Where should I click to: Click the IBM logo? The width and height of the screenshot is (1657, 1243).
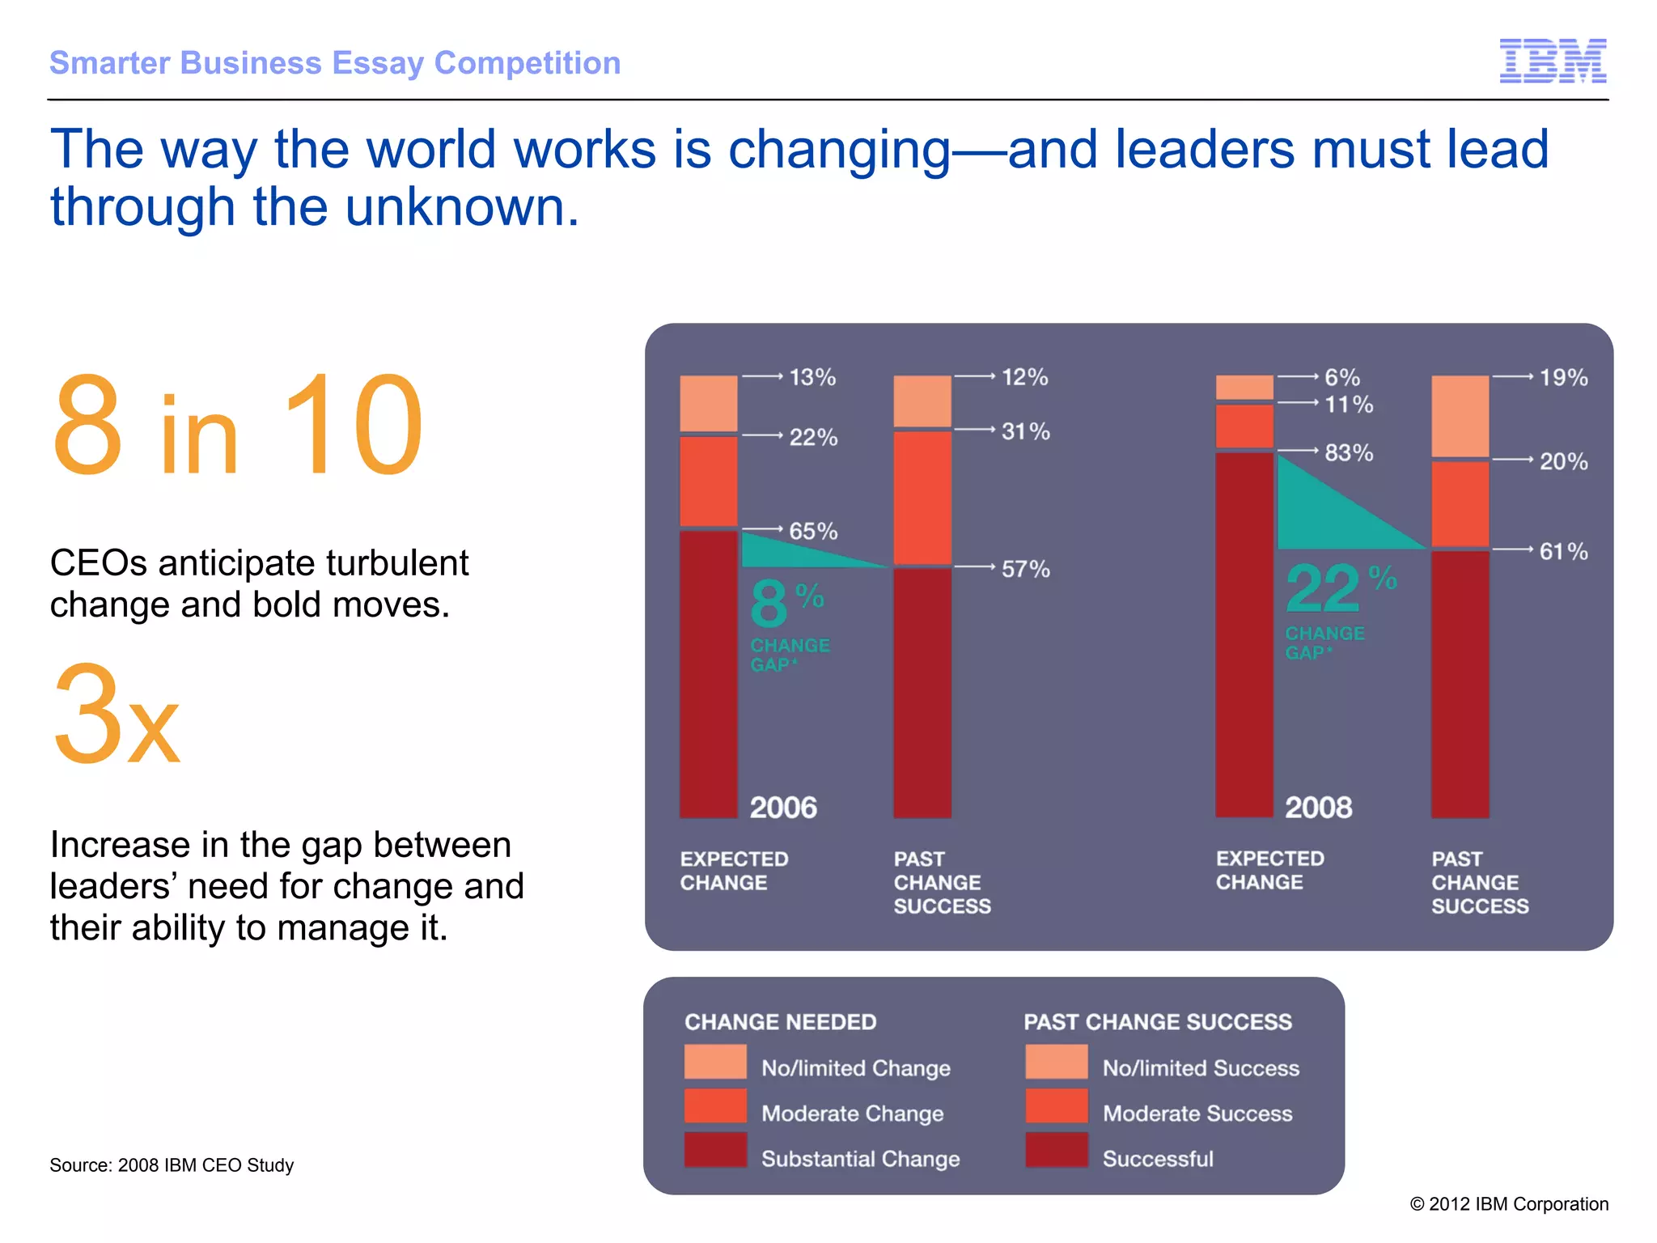[1553, 61]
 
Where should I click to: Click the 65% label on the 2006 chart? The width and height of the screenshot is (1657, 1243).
[812, 532]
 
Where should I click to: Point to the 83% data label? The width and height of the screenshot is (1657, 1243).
[1348, 453]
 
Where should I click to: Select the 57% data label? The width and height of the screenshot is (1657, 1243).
[1025, 569]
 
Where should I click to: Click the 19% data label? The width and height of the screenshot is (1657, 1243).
[1562, 378]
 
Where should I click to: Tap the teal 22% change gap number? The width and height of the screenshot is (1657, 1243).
[1324, 589]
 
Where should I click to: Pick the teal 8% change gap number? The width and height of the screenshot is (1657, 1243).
[769, 604]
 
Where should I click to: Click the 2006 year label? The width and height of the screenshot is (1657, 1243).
[782, 808]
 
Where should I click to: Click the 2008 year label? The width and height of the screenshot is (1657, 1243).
[1318, 808]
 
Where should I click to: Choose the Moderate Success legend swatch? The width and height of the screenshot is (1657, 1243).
[1056, 1106]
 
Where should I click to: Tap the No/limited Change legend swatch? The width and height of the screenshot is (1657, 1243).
[715, 1062]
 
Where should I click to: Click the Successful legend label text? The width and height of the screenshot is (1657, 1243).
[1157, 1159]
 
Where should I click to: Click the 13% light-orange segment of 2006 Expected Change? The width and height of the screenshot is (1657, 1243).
[708, 403]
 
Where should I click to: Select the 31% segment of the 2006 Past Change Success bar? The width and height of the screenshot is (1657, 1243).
[922, 497]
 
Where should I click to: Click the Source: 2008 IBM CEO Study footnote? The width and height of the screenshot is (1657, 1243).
[172, 1165]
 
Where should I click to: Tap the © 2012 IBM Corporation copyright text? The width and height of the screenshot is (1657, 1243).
[1509, 1204]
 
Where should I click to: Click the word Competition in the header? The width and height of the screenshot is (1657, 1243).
[527, 63]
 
